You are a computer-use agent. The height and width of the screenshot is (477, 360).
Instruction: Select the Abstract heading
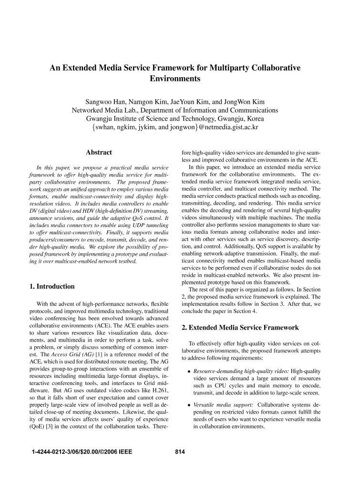(99, 152)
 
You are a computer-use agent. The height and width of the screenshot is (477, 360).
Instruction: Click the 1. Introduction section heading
(52, 286)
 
